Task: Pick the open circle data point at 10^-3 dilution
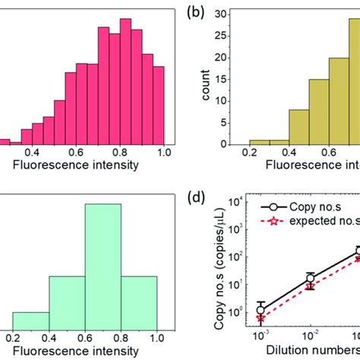click(x=261, y=310)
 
